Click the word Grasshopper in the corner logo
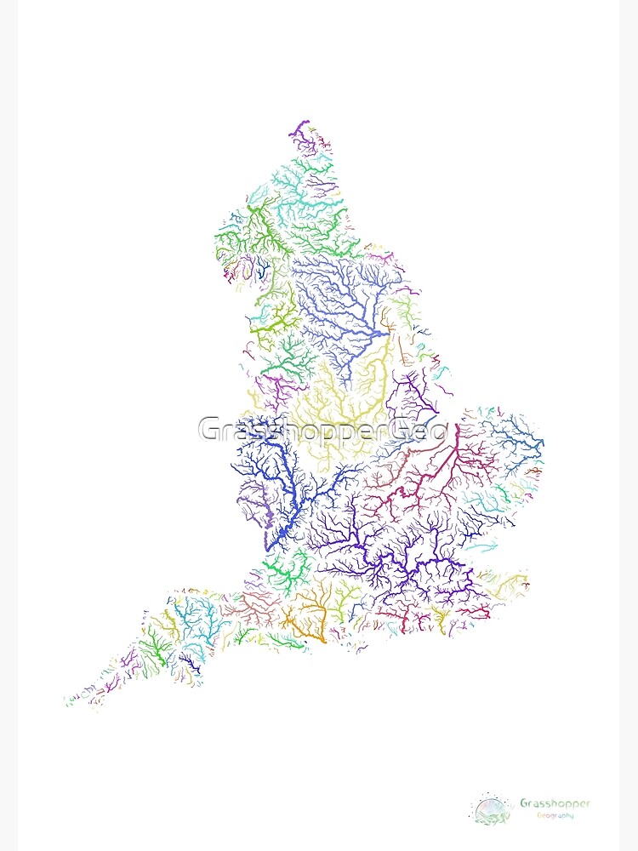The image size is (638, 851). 555,802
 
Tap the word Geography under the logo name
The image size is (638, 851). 555,815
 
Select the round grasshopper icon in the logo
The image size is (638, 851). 493,808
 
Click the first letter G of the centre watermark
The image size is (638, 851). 209,430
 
